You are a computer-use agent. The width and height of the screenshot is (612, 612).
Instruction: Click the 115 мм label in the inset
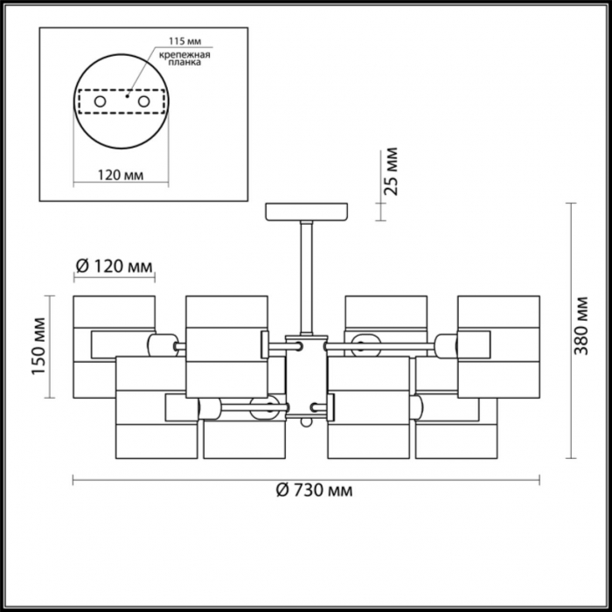click(185, 41)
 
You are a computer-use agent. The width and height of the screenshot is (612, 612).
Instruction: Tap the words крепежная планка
click(184, 59)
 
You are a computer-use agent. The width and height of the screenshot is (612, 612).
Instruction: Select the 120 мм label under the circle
click(121, 175)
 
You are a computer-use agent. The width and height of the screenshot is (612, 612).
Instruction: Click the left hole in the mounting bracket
click(101, 102)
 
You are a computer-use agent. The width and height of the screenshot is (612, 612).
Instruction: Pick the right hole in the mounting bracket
click(143, 102)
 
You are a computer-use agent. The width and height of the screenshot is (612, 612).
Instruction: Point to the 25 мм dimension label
click(391, 171)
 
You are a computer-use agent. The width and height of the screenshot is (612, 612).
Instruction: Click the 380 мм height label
click(581, 326)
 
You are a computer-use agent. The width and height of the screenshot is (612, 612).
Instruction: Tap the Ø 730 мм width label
click(314, 490)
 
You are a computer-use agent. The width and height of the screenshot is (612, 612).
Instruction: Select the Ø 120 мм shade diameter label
click(114, 267)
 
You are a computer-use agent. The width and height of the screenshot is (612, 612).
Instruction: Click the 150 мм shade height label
click(38, 346)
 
